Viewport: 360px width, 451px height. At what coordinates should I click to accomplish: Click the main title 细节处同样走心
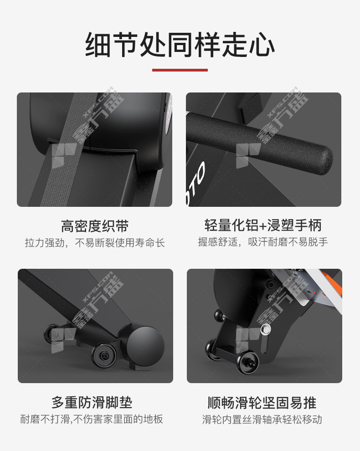click(180, 45)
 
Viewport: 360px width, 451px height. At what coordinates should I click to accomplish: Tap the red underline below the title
click(180, 70)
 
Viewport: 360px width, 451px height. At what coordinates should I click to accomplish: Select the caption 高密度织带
click(95, 226)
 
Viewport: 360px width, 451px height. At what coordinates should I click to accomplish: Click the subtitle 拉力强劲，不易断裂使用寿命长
click(95, 243)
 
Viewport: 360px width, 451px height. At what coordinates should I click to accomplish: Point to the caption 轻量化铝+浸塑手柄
click(263, 225)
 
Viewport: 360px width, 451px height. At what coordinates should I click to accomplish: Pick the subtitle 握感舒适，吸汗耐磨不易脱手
click(263, 242)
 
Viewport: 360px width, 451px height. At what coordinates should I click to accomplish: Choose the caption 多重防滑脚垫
click(92, 402)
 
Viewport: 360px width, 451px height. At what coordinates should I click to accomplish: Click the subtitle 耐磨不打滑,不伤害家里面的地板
click(92, 419)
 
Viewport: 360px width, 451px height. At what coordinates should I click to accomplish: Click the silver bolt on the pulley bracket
click(266, 329)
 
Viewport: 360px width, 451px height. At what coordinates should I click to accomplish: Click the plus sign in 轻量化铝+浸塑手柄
click(262, 226)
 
